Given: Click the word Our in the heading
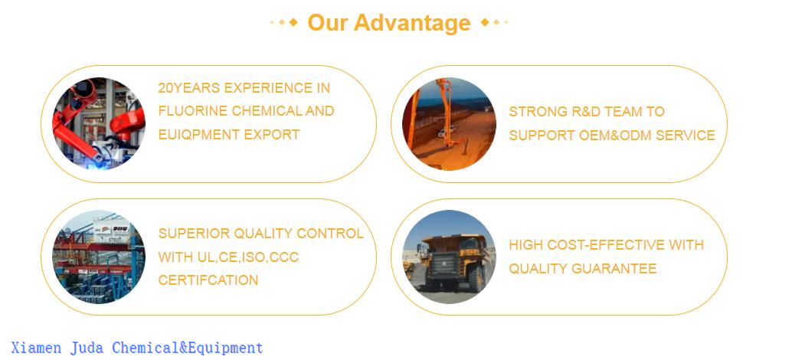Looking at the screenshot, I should (327, 23).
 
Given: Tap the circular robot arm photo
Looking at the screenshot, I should (99, 123).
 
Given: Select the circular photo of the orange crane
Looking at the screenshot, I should (449, 123).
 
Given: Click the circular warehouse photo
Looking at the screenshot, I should (99, 257).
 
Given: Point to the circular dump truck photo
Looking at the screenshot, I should (449, 257).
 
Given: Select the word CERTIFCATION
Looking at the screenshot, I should (208, 280).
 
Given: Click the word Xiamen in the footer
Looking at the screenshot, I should (37, 349).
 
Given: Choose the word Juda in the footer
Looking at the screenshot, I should (87, 349).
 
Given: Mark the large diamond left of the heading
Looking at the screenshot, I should (293, 22).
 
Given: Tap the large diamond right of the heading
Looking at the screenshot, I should (485, 22).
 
